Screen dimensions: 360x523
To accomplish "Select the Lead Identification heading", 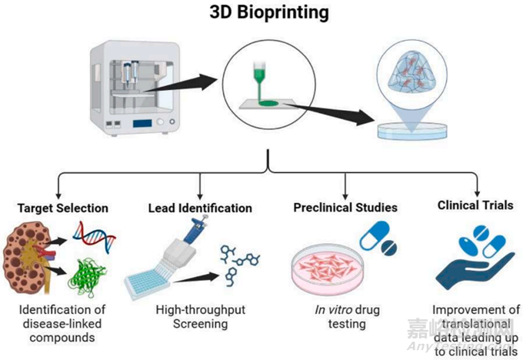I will tap(200, 208).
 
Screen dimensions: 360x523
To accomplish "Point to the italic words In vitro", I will tap(308, 310).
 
